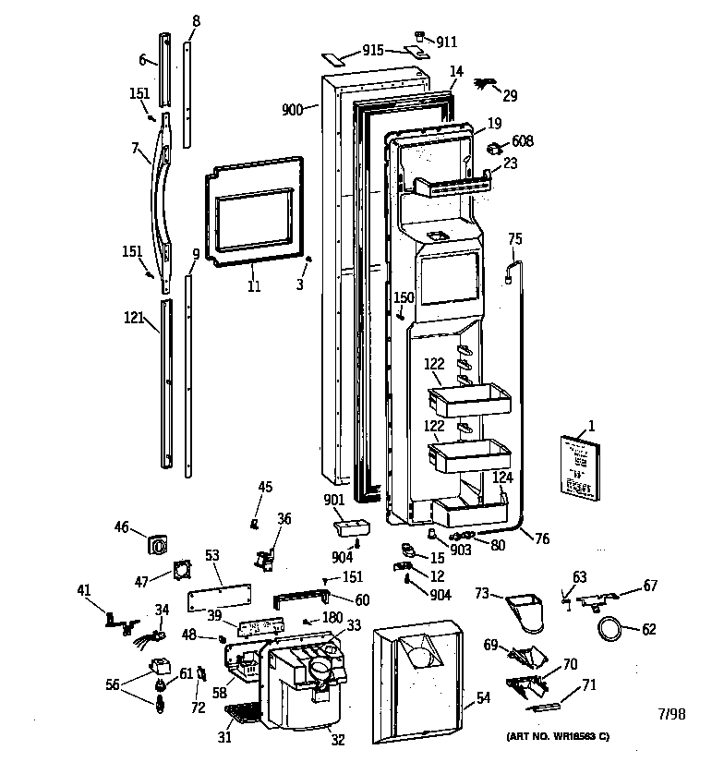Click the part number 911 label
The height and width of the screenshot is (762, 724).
tap(448, 42)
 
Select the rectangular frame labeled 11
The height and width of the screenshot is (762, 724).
tap(253, 218)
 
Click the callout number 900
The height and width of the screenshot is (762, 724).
tap(293, 110)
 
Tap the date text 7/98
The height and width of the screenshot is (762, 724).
tap(671, 713)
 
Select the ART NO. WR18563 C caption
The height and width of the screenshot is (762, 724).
tap(557, 736)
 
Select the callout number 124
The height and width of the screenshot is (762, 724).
tap(501, 477)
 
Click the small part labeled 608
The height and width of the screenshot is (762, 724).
tap(495, 148)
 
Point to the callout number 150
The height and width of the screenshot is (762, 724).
tap(404, 297)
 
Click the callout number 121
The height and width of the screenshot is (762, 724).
tap(134, 318)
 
